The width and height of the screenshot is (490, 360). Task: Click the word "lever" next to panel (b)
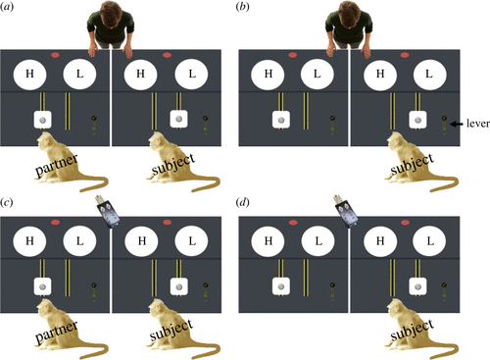click(478, 124)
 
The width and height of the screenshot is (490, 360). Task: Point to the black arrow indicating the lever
click(457, 124)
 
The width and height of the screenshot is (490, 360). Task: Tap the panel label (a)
click(7, 7)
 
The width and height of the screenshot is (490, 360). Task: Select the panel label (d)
click(243, 203)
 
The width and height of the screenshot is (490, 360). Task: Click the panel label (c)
click(7, 203)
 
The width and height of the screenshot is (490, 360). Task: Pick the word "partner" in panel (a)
click(57, 166)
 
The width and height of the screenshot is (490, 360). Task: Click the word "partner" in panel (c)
click(57, 332)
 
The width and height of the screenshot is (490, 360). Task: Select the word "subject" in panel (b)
click(413, 165)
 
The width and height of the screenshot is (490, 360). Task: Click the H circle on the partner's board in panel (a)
click(29, 75)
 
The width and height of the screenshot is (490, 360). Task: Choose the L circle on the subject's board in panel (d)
click(430, 241)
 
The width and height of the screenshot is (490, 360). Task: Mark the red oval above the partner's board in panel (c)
click(56, 223)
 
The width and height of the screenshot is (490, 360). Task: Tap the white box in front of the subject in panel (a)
click(178, 119)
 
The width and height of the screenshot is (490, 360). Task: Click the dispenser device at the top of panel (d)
click(344, 211)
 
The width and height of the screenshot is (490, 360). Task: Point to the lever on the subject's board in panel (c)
click(206, 290)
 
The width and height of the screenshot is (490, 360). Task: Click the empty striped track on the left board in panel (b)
click(306, 111)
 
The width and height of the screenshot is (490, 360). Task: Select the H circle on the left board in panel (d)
click(269, 241)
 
